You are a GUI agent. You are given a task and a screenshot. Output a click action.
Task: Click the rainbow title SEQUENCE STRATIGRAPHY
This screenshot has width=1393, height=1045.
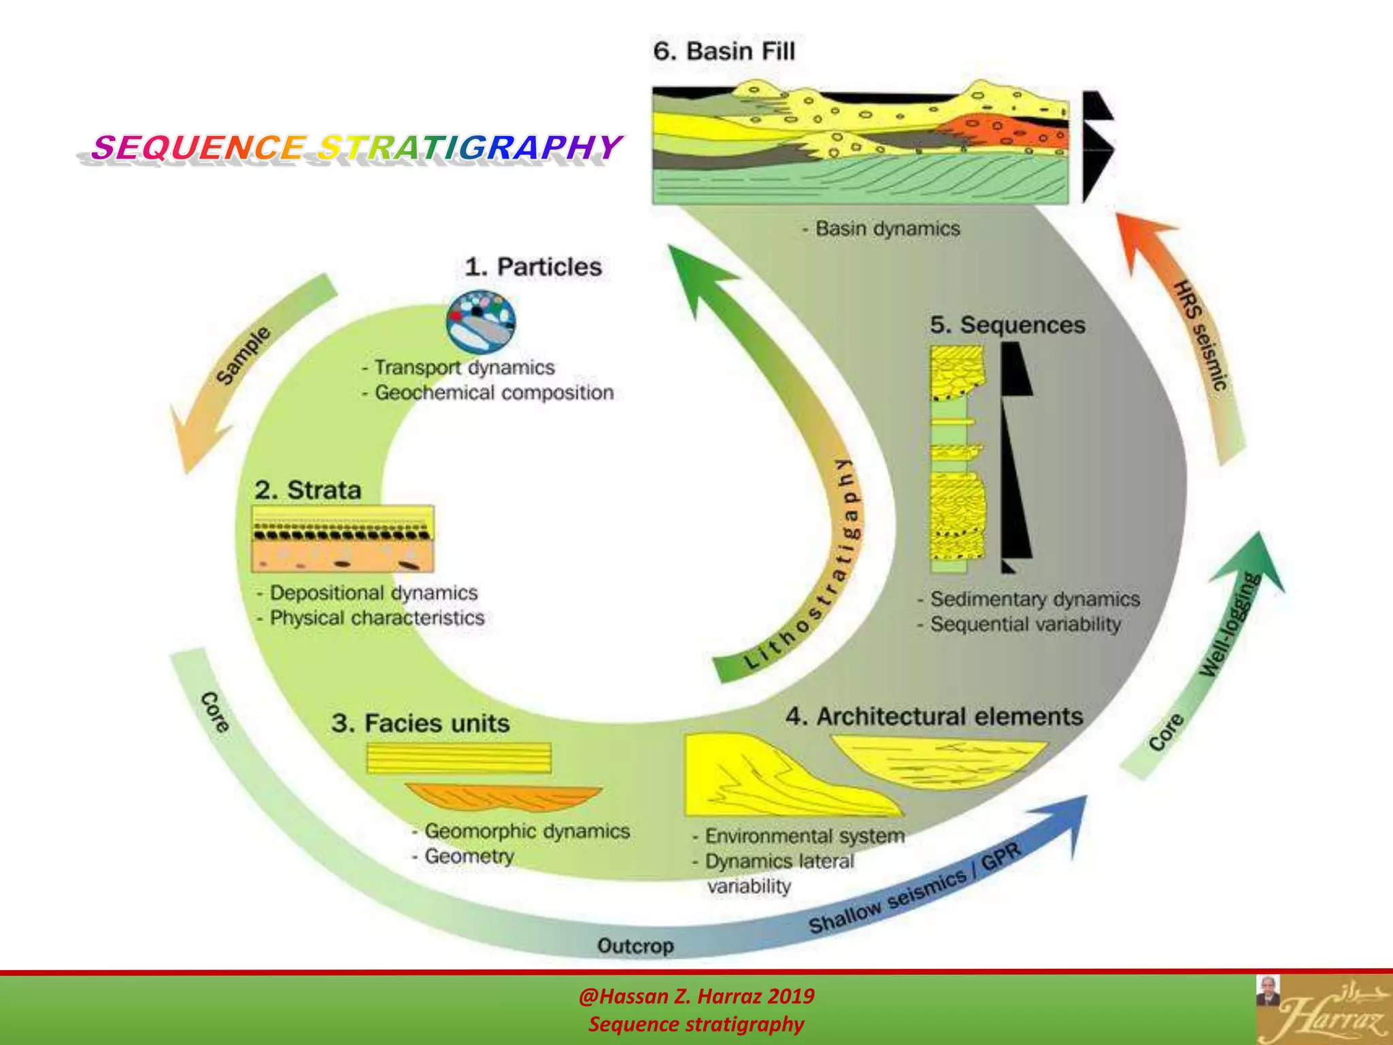[356, 147]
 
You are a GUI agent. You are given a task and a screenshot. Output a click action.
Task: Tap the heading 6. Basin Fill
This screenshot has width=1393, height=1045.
[723, 52]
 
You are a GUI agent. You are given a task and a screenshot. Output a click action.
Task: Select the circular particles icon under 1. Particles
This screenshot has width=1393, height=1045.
[481, 322]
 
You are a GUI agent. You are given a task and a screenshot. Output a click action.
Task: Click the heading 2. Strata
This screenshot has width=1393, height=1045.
[307, 490]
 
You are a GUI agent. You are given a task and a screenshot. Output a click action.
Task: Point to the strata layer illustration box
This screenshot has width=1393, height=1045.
[343, 539]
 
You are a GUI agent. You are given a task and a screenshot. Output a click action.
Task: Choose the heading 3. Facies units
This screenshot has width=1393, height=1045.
[420, 723]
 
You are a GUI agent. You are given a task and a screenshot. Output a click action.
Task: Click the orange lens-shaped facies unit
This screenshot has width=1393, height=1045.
[503, 797]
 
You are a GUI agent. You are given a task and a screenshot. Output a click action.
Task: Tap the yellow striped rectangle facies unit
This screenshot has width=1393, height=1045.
[459, 758]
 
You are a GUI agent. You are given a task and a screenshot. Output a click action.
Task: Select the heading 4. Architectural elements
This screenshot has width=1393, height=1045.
[934, 716]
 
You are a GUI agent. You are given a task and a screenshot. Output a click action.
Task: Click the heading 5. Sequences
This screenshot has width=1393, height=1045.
[1007, 325]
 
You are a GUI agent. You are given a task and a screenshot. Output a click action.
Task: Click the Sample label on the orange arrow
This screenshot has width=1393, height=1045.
[244, 355]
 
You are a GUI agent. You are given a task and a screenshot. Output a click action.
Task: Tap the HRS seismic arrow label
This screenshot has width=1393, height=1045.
[1201, 335]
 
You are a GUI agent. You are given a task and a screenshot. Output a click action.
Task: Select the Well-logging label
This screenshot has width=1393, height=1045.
[1230, 625]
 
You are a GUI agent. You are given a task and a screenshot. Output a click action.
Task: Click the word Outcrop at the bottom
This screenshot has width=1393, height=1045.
[635, 946]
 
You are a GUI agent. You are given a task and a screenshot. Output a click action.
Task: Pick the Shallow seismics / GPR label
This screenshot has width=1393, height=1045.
[915, 889]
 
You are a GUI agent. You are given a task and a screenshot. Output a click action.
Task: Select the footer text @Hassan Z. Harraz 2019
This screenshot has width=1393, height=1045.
[696, 996]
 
